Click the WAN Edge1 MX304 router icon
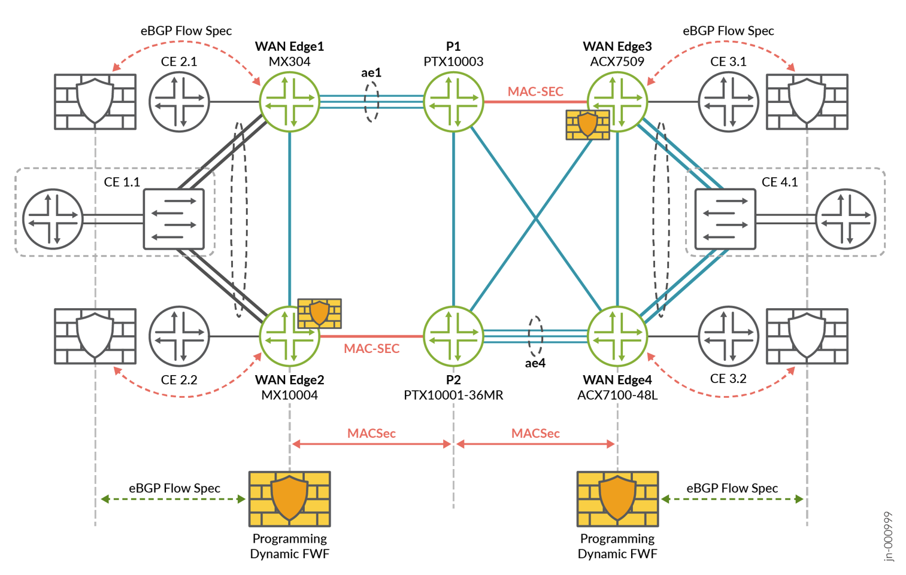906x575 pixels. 289,102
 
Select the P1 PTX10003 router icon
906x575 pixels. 453,102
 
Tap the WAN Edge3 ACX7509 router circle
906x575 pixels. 617,102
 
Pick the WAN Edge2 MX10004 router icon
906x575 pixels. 289,336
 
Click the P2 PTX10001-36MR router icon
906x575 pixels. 453,336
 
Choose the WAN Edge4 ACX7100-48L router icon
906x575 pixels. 617,336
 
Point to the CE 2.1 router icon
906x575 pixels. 179,102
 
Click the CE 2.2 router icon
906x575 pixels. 179,336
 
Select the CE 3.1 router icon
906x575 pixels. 728,102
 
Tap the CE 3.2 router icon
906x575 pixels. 728,336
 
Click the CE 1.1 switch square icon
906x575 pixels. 174,219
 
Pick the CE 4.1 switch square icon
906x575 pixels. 725,219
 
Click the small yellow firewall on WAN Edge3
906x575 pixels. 587,124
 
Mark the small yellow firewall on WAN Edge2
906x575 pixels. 320,313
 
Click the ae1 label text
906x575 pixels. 371,72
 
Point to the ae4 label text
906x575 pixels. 535,363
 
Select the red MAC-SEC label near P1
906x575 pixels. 535,92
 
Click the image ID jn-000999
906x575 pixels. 889,536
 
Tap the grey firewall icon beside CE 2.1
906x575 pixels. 95,102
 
